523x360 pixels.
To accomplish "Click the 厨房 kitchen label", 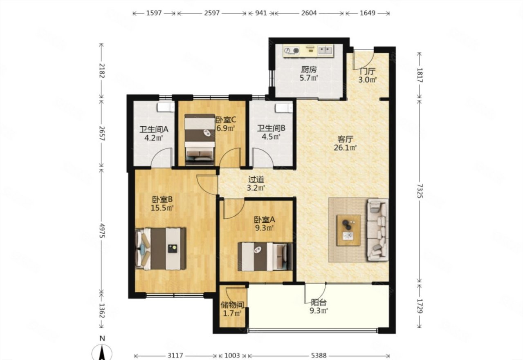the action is pyautogui.click(x=308, y=69).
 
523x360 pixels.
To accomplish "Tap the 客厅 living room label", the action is pyautogui.click(x=345, y=139).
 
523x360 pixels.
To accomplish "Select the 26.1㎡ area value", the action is pyautogui.click(x=345, y=148).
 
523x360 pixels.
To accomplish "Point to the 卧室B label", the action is pyautogui.click(x=162, y=199).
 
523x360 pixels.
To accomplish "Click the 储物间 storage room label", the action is pyautogui.click(x=232, y=305).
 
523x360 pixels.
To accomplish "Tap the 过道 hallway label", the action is pyautogui.click(x=256, y=179).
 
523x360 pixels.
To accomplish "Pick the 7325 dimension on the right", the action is pyautogui.click(x=420, y=191).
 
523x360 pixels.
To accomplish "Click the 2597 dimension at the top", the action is pyautogui.click(x=212, y=13).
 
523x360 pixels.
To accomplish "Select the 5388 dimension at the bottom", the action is pyautogui.click(x=319, y=356).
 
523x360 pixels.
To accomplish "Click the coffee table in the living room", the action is pyautogui.click(x=348, y=230).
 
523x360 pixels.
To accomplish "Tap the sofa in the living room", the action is pyautogui.click(x=378, y=230).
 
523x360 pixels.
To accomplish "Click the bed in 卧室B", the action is pyautogui.click(x=161, y=249).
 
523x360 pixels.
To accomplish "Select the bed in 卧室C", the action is pyautogui.click(x=200, y=139).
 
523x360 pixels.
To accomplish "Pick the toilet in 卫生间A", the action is pyautogui.click(x=166, y=107).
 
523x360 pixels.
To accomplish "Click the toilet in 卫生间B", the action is pyautogui.click(x=284, y=108).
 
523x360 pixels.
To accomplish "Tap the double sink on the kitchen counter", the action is pyautogui.click(x=325, y=50).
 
